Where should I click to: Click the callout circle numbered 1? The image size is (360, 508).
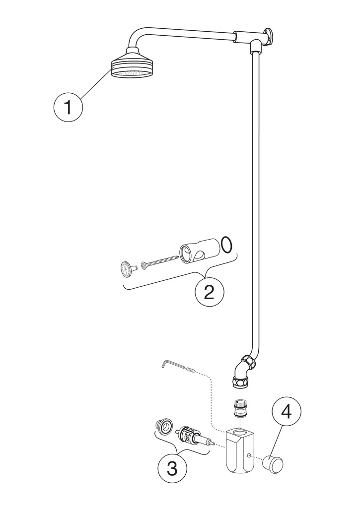coord(69,107)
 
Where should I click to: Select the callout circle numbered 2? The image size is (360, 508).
coord(209,293)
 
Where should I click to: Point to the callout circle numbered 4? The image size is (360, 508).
coord(287,412)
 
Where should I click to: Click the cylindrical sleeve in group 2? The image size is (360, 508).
coord(198,252)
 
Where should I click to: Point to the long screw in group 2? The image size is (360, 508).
coord(160,261)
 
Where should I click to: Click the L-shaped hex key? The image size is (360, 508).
coord(172,365)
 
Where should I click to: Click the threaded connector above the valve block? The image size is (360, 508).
coord(240,410)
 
